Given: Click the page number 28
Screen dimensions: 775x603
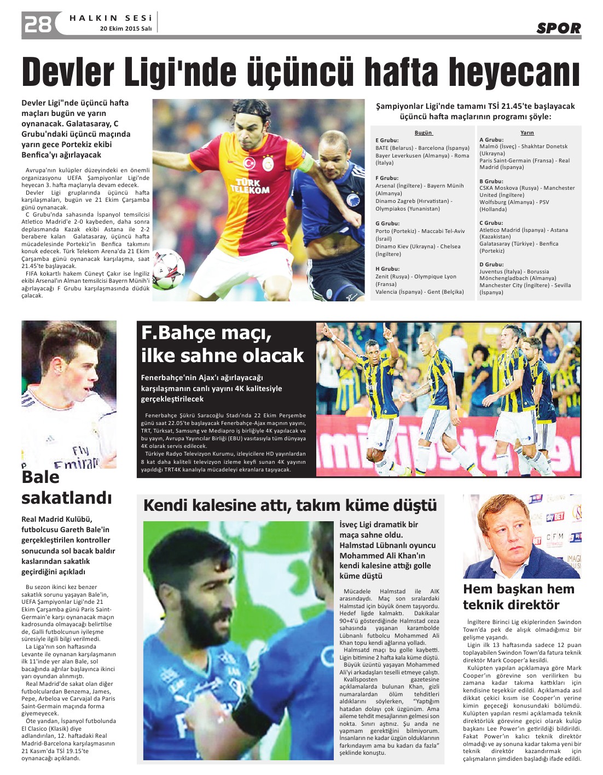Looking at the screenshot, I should (37, 25).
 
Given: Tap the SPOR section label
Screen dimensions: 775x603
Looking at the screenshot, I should (558, 28).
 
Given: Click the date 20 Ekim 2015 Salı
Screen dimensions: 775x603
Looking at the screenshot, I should (125, 28).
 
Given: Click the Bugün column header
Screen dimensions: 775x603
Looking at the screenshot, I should (424, 133).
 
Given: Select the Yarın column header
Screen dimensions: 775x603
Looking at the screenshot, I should (527, 133).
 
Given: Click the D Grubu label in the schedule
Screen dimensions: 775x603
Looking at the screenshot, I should (491, 265).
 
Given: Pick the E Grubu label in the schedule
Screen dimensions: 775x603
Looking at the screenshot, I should (387, 141).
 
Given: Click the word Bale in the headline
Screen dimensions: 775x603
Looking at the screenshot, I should (40, 477).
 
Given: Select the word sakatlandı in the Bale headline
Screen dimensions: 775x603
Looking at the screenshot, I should (66, 498).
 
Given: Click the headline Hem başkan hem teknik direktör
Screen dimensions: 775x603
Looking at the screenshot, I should (518, 597).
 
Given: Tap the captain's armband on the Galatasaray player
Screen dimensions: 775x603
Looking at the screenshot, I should (305, 162).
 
